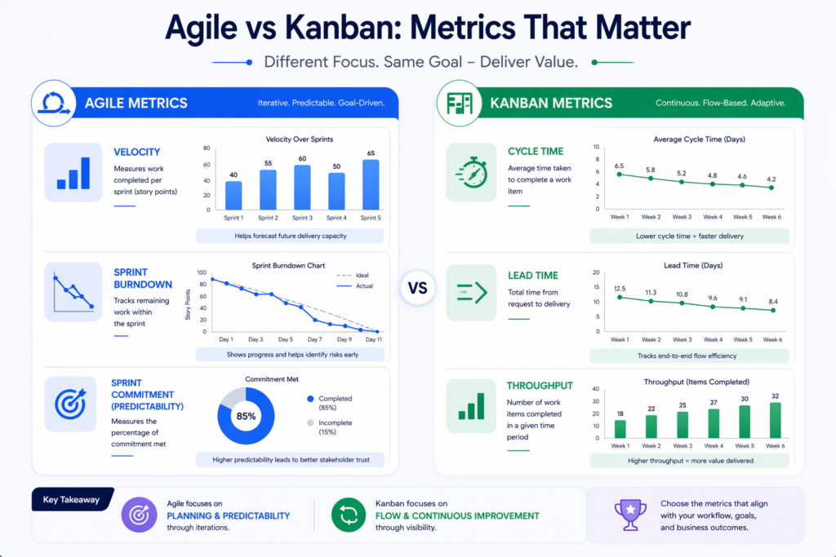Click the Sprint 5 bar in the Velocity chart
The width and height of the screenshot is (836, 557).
(x=370, y=185)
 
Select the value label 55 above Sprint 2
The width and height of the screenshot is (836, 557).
(x=267, y=164)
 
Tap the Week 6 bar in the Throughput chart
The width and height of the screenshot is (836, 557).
(x=774, y=420)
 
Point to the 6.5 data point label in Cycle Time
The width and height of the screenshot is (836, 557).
(x=619, y=166)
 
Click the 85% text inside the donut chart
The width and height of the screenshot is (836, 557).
(x=246, y=416)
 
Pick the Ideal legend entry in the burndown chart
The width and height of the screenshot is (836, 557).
(x=357, y=276)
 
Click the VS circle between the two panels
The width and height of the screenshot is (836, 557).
(x=417, y=289)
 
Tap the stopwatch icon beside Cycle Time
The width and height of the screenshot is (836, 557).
(x=471, y=172)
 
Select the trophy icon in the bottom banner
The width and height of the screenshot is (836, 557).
(x=629, y=515)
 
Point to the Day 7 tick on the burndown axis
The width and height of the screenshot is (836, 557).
(x=314, y=339)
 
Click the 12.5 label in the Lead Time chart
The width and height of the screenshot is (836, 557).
(x=619, y=288)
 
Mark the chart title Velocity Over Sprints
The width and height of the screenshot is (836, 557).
(x=300, y=139)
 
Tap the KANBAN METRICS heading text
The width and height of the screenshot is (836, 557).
(x=550, y=103)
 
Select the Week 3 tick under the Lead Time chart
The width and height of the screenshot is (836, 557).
(x=682, y=339)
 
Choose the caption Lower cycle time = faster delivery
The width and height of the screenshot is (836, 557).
(x=690, y=236)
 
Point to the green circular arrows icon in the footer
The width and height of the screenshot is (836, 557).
(x=348, y=515)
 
